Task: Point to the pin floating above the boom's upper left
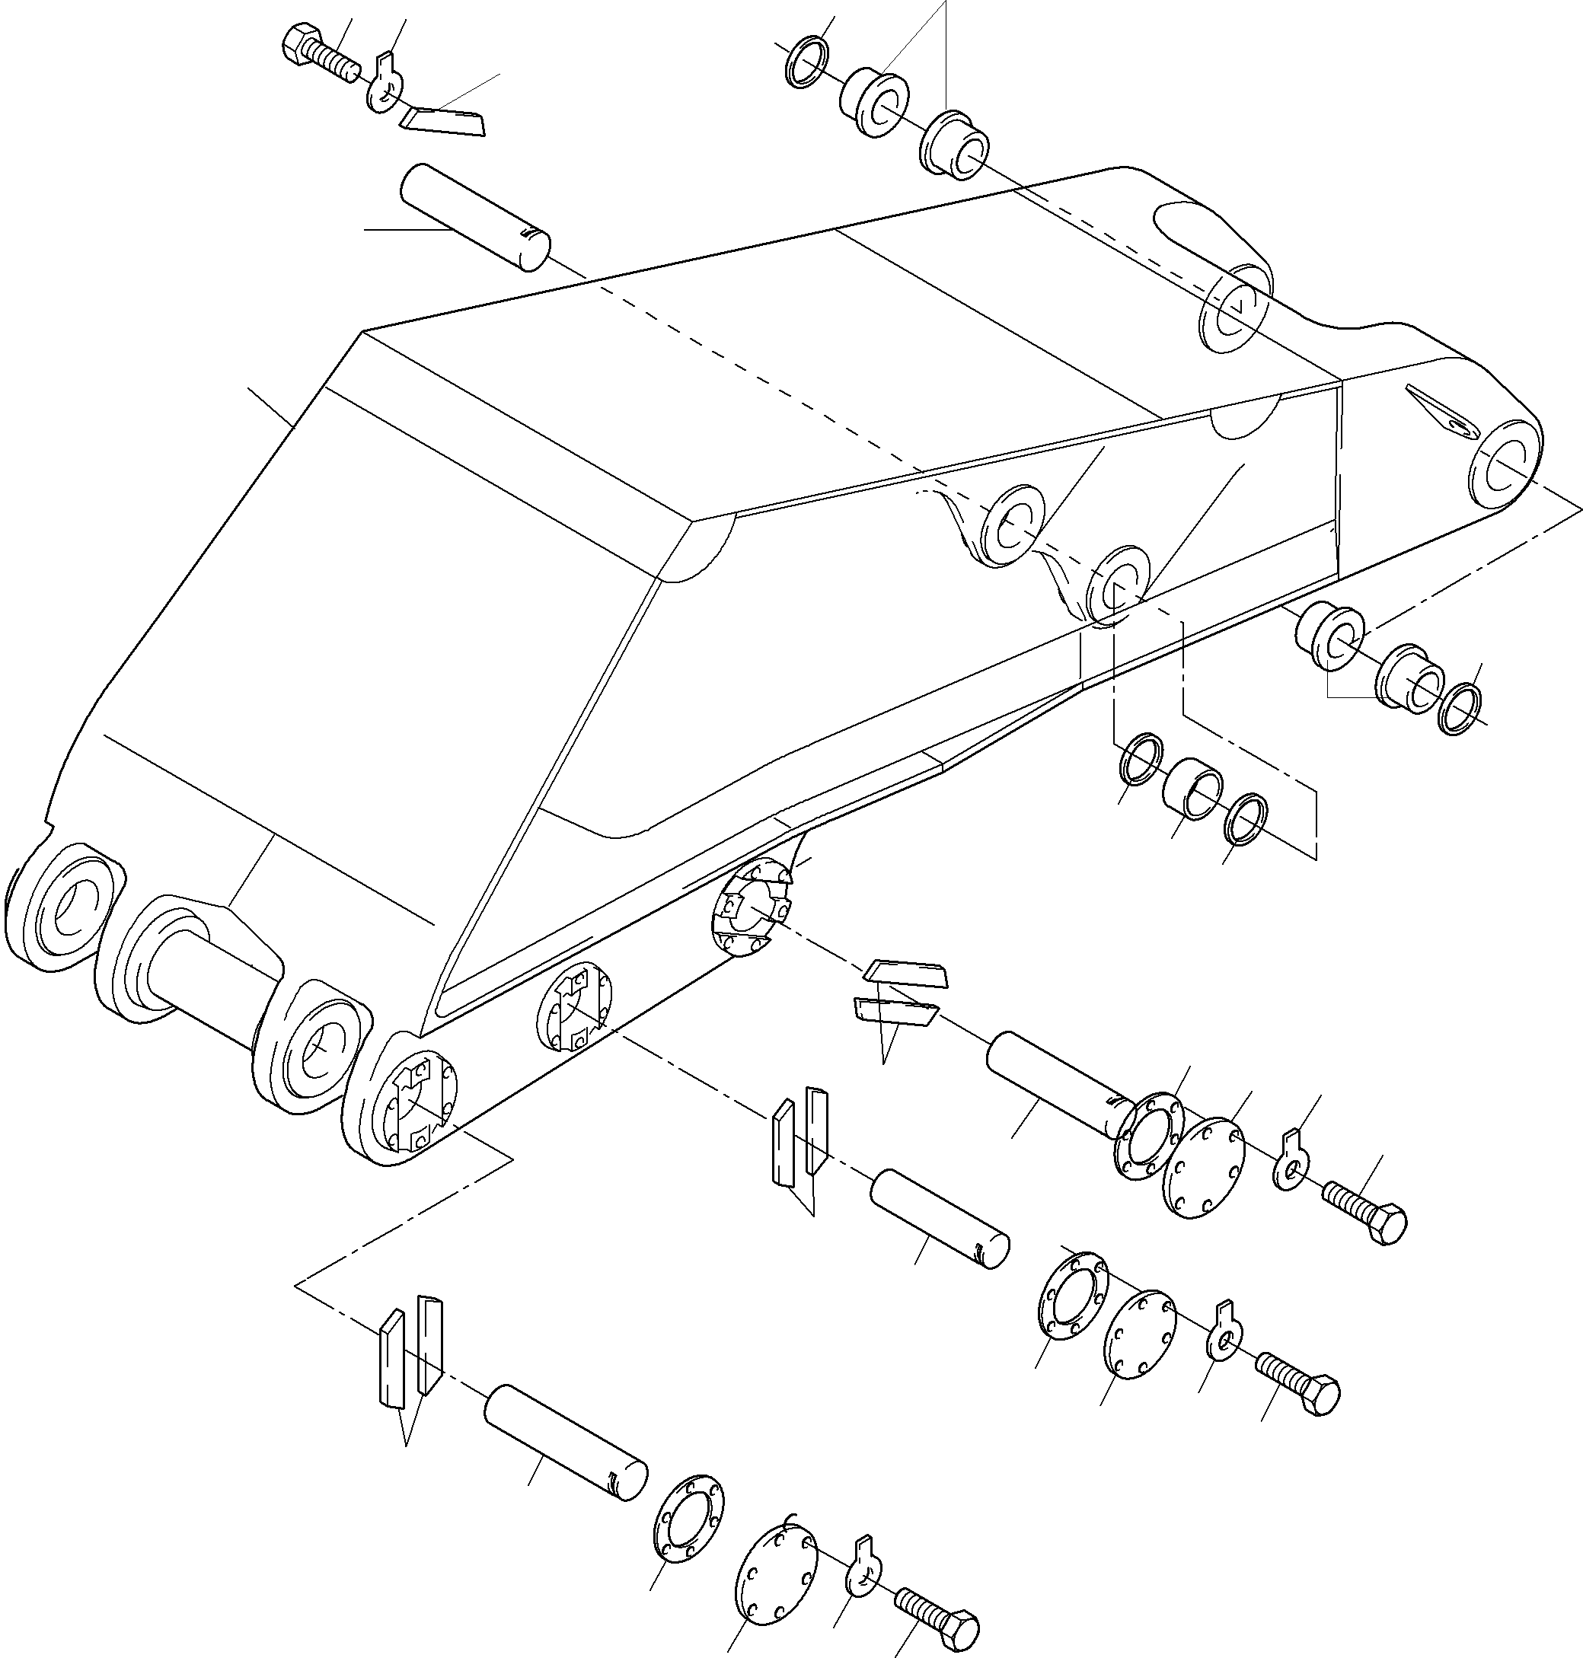476,218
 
